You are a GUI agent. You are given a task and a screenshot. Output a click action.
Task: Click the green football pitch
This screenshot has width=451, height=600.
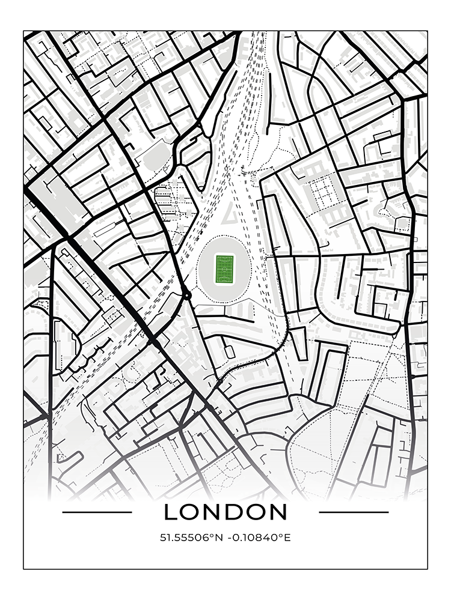point(224,268)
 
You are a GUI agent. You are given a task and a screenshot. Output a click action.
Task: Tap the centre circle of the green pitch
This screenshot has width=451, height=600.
point(224,269)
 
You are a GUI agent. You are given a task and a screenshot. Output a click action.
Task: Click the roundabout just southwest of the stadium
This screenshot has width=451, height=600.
point(186,295)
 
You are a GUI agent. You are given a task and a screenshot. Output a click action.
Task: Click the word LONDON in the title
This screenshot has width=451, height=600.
point(226,512)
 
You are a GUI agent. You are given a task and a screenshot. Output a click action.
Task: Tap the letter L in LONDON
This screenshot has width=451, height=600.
point(171,512)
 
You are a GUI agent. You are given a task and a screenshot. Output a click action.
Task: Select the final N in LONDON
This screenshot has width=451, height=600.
point(278,512)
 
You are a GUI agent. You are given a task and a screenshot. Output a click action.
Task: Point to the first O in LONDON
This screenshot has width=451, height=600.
point(191,512)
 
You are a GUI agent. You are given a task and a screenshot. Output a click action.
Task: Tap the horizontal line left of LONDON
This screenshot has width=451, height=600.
point(97,512)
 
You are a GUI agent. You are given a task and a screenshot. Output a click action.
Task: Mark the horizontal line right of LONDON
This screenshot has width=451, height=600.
point(354,512)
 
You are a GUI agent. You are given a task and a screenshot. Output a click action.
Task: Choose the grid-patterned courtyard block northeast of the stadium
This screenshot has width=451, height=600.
point(321,192)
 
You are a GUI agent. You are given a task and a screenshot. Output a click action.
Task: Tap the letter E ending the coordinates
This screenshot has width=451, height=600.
point(287,538)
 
